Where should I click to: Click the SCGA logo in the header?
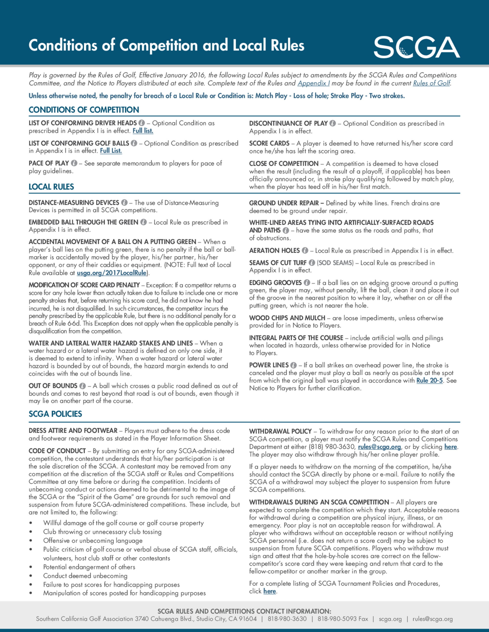click(x=417, y=47)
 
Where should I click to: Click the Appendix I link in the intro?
click(x=313, y=83)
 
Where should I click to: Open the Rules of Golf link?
click(x=431, y=83)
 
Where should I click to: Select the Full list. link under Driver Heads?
click(x=143, y=131)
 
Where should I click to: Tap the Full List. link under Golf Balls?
click(x=111, y=151)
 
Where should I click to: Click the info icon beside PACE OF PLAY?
click(x=74, y=163)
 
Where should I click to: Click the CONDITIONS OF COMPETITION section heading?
click(x=84, y=110)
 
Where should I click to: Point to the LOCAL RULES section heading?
click(x=51, y=187)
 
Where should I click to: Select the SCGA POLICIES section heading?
click(x=55, y=414)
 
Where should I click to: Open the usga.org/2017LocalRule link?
click(x=111, y=273)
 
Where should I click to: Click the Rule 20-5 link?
click(x=429, y=380)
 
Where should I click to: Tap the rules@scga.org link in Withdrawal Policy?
click(x=379, y=447)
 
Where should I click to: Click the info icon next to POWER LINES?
click(x=293, y=365)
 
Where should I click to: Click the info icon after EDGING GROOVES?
click(x=307, y=283)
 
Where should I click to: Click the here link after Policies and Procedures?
click(x=269, y=591)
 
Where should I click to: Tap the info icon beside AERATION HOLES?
click(x=305, y=251)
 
